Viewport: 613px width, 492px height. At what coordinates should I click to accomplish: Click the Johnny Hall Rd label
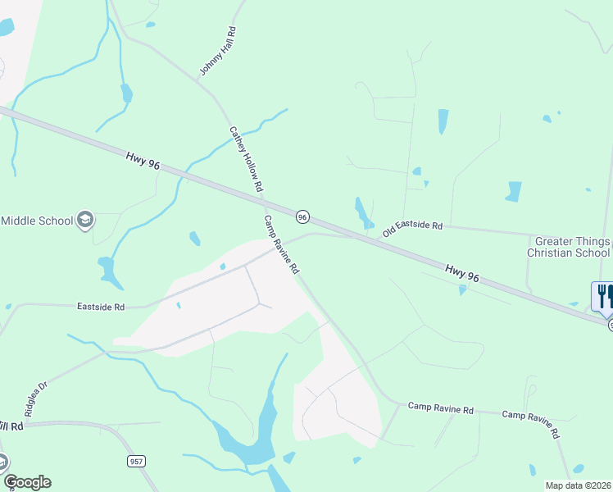click(x=217, y=52)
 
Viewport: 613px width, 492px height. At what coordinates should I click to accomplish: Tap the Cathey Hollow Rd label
click(x=246, y=159)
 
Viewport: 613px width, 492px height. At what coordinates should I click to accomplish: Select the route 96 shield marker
click(x=302, y=216)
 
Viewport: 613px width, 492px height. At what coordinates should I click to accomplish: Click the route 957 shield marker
click(x=137, y=462)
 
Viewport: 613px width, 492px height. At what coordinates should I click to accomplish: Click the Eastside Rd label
click(x=101, y=307)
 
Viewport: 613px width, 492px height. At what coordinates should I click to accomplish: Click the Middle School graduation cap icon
click(x=85, y=220)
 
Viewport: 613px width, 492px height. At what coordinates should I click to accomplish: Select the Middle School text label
click(x=36, y=220)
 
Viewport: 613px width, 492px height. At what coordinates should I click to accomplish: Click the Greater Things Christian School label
click(x=572, y=247)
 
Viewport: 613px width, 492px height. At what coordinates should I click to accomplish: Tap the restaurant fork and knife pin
click(x=603, y=297)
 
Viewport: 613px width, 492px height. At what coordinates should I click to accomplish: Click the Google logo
click(x=27, y=482)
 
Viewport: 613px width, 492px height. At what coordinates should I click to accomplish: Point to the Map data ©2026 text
click(x=579, y=485)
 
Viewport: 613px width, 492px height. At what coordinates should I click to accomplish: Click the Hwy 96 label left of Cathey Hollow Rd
click(x=143, y=159)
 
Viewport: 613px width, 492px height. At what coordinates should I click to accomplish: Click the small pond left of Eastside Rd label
click(x=7, y=307)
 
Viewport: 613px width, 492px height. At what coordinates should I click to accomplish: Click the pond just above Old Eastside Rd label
click(x=362, y=213)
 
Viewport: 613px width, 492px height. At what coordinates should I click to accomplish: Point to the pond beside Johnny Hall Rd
click(x=126, y=93)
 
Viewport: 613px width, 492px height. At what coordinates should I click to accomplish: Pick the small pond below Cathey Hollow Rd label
click(x=194, y=239)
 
